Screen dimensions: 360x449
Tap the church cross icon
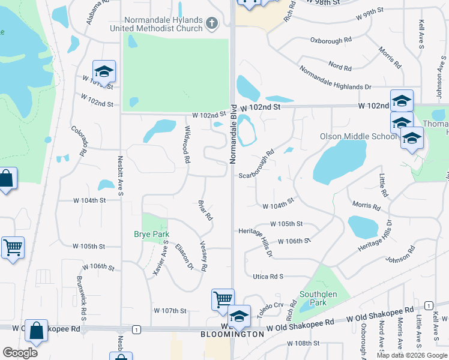tap(211, 23)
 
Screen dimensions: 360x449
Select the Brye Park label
tap(151, 234)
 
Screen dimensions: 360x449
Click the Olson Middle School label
tap(358, 136)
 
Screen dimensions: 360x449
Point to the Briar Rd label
tap(205, 209)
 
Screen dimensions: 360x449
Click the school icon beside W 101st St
tap(104, 71)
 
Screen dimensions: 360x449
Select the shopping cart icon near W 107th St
tap(222, 298)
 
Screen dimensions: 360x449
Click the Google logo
tap(20, 353)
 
